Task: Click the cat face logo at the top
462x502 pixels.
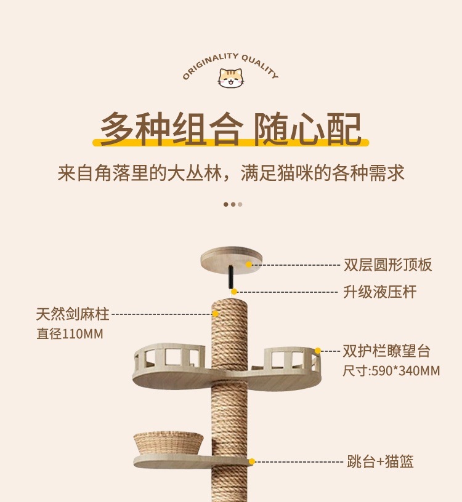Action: (230, 78)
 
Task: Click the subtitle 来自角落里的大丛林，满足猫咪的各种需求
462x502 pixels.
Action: (231, 173)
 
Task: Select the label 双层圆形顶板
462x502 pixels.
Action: (387, 265)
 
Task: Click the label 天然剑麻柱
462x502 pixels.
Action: (72, 314)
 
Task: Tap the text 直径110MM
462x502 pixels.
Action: (69, 334)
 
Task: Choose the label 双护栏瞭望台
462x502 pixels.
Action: (386, 352)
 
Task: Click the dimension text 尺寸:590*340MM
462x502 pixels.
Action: (391, 371)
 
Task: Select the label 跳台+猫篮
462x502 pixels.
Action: (378, 461)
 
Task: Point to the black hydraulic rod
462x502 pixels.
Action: (230, 278)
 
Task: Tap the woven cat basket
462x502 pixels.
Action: (168, 443)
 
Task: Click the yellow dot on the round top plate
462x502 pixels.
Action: (249, 265)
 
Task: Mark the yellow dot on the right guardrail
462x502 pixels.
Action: (318, 351)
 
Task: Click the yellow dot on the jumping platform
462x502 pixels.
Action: (251, 461)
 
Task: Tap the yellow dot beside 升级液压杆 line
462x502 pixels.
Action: (234, 292)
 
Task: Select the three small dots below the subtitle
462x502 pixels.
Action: (233, 204)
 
